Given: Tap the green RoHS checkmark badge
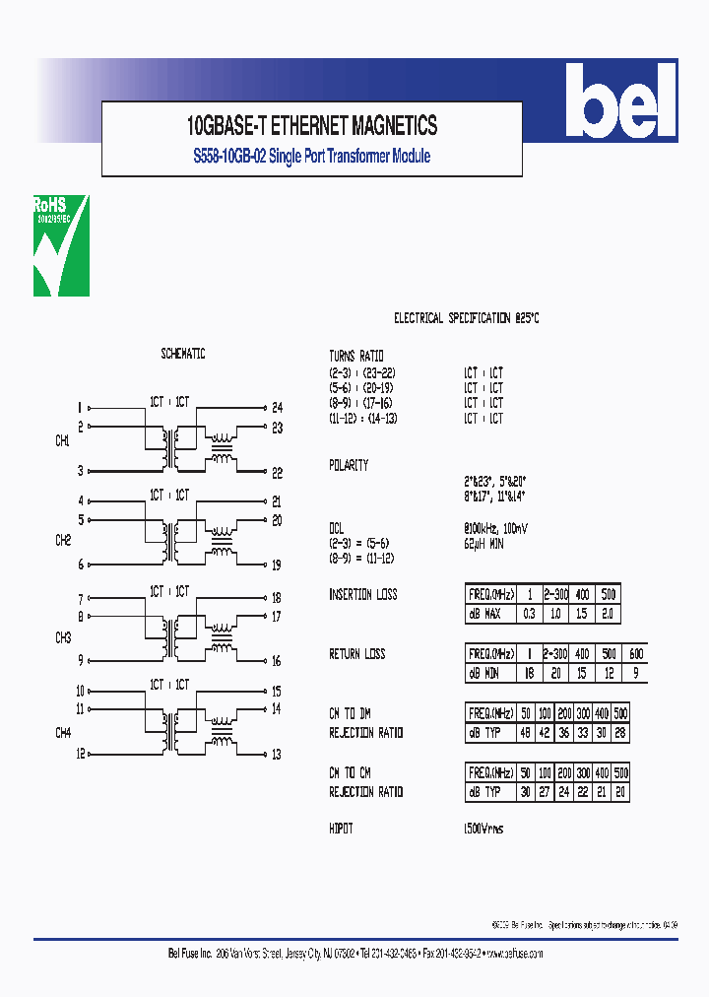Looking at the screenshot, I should (x=61, y=245).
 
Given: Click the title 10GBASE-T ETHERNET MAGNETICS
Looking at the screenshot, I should (x=312, y=126).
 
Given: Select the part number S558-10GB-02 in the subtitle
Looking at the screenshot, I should (x=228, y=157).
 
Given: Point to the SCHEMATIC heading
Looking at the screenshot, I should (x=183, y=354).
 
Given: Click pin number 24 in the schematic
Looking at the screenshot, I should (x=277, y=407).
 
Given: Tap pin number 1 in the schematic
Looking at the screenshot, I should (x=80, y=407).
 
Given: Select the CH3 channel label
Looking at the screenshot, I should (x=62, y=638).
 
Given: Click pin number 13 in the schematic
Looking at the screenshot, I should (x=277, y=755).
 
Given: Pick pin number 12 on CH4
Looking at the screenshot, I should (x=80, y=755).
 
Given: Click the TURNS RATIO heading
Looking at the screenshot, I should (x=356, y=355).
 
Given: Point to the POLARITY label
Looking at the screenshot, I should (x=349, y=465).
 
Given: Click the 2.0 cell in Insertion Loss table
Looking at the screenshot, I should (x=609, y=614).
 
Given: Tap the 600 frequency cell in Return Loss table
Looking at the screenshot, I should (x=635, y=654).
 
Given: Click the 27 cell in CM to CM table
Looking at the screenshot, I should (x=546, y=791).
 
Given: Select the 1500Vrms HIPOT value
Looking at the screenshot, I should (x=483, y=829).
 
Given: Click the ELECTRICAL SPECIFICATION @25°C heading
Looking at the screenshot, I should (x=467, y=318).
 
